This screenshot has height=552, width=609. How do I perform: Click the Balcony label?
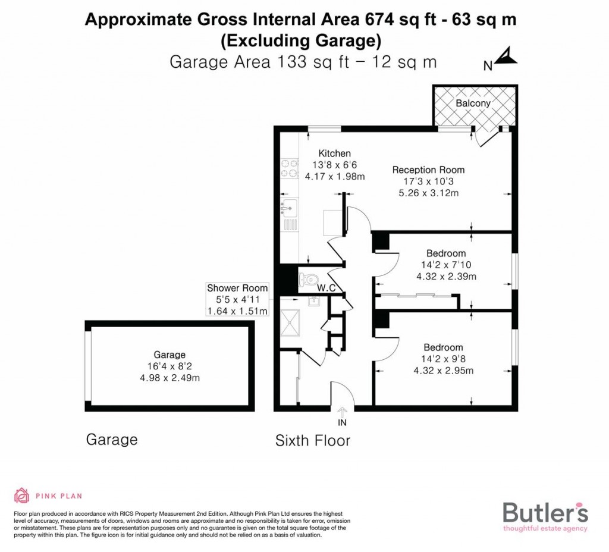coord(473,103)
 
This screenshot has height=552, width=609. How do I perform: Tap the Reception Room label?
coord(428,170)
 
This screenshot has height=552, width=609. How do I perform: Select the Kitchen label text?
coord(334,153)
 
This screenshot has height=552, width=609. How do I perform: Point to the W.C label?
coord(327,288)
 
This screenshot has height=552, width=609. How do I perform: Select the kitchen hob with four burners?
coord(289,167)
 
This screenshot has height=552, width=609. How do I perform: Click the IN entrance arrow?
coord(342,413)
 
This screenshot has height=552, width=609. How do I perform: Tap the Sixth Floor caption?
coord(313,441)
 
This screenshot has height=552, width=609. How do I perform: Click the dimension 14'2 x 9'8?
coord(443,359)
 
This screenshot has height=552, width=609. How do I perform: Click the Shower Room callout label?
coord(237,299)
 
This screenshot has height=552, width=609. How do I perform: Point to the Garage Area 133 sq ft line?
coord(303,62)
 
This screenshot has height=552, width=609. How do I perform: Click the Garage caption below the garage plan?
coord(112,440)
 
